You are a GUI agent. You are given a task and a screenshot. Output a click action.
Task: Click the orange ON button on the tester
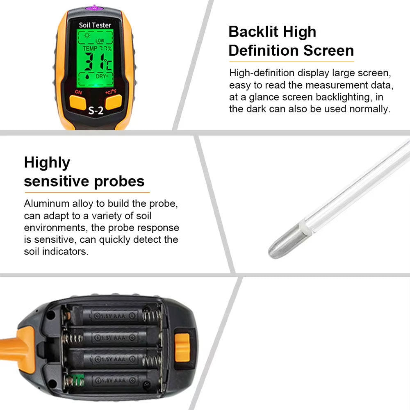(x=77, y=102)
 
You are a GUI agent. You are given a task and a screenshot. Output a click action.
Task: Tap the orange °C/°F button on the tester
(x=114, y=101)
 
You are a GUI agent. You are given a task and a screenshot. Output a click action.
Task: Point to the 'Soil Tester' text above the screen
(x=95, y=25)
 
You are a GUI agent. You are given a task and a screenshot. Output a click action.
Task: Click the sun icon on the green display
(x=87, y=36)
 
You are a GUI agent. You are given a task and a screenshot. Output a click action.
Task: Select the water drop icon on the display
(x=87, y=76)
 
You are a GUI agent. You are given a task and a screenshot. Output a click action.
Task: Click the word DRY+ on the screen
(x=102, y=76)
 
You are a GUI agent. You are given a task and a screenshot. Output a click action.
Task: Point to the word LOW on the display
(x=100, y=41)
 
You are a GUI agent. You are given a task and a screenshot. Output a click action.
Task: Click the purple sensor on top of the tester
(x=95, y=7)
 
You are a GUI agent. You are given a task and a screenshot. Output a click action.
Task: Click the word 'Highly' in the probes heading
(x=47, y=163)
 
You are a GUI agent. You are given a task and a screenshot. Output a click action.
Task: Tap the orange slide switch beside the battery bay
(x=182, y=348)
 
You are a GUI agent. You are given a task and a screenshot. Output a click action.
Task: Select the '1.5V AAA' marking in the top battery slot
(x=111, y=316)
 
